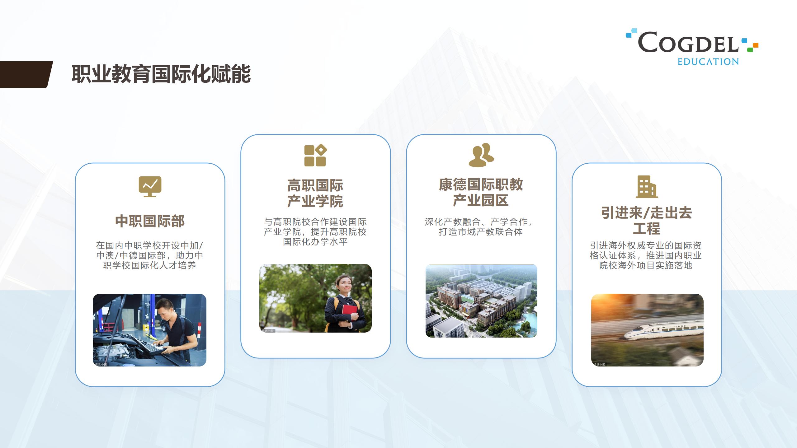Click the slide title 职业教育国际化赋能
tap(161, 74)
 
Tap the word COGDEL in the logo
tap(688, 42)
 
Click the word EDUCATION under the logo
tap(708, 62)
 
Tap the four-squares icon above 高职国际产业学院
tap(315, 155)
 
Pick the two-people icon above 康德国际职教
tap(481, 155)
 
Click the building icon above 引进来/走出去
tap(647, 187)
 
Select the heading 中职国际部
tap(150, 221)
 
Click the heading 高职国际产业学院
tap(315, 193)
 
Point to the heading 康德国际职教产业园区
tap(481, 192)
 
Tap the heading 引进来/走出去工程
tap(647, 221)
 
